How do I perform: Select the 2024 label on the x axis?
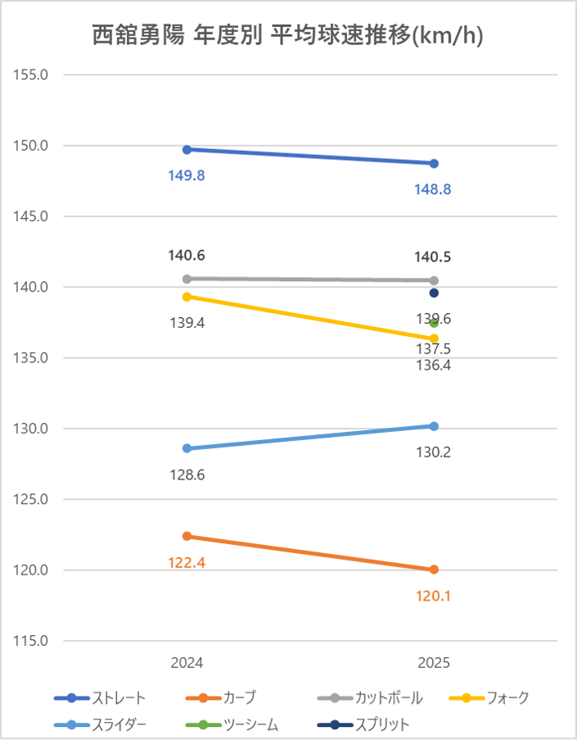pos(187,662)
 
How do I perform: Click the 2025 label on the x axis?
pos(434,662)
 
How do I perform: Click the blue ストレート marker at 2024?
pos(187,149)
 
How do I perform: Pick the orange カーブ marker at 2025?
pos(434,570)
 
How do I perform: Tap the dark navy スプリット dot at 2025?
pos(434,293)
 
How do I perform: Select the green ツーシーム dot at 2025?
pos(434,323)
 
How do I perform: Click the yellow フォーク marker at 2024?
pos(187,297)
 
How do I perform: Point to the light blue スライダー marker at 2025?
pos(434,426)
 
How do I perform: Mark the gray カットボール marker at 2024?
pos(187,279)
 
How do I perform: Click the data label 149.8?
pos(187,175)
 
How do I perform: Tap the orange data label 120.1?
pos(434,596)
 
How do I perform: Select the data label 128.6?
pos(187,474)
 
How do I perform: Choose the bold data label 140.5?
pos(434,257)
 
